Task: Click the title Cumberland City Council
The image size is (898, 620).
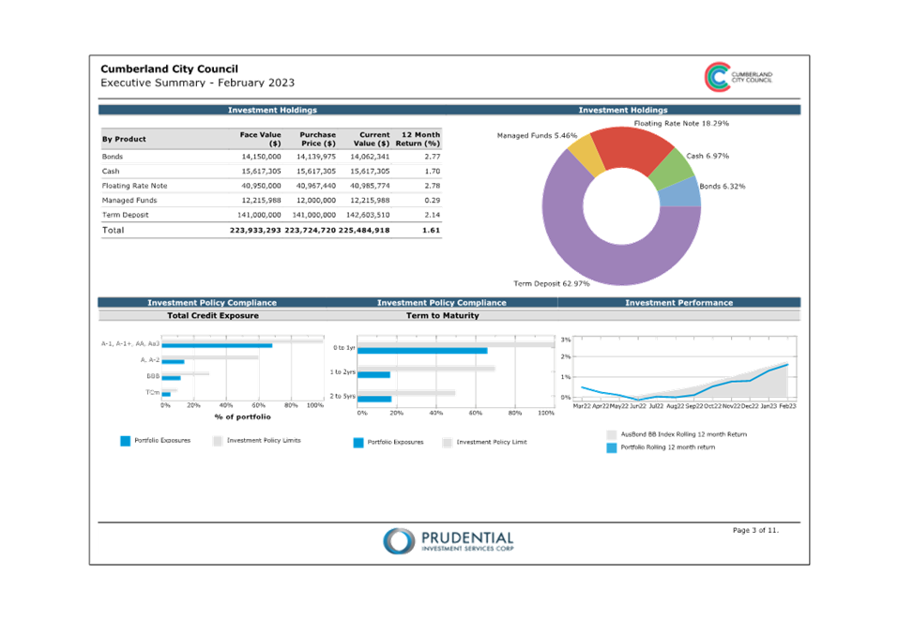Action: pos(169,68)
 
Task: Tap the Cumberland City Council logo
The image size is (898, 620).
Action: pos(718,77)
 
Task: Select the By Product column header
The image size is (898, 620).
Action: pos(124,139)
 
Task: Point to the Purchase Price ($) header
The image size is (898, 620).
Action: pos(316,139)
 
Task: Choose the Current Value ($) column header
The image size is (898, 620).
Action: pos(371,139)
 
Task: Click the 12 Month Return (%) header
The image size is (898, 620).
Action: pos(419,139)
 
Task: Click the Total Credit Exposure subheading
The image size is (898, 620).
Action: pos(212,316)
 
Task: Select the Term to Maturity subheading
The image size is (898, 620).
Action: pos(442,316)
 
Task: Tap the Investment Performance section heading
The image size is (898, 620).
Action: pos(678,303)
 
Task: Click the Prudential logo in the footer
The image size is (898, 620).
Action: pos(448,540)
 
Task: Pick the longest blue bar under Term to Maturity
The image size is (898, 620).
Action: pos(422,351)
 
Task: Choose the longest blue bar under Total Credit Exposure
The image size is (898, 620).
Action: pos(217,346)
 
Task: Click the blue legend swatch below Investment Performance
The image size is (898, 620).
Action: pos(612,448)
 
